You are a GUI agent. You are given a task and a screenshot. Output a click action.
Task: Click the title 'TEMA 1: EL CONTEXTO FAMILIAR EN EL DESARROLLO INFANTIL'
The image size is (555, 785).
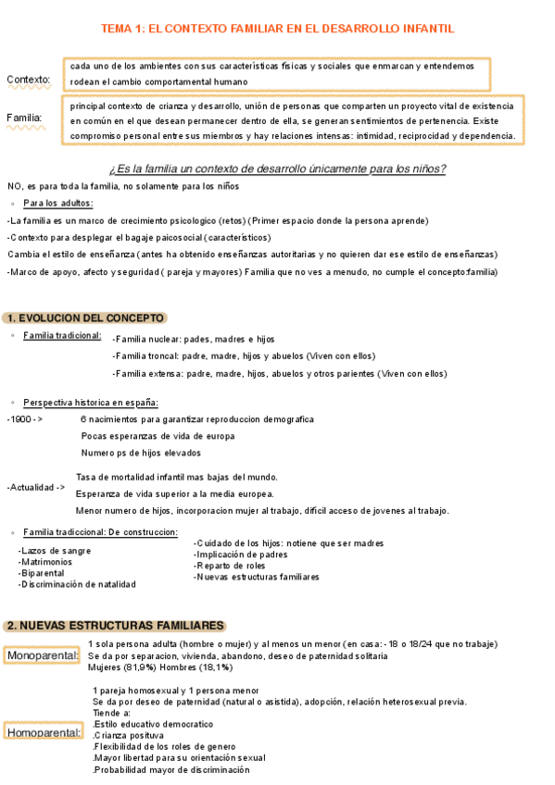click(277, 29)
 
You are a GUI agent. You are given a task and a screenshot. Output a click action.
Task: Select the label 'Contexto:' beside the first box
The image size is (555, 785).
click(29, 80)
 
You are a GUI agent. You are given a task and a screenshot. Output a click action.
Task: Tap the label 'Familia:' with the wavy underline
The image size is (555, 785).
click(24, 118)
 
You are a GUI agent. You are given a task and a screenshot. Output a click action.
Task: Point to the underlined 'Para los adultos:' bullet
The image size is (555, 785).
click(58, 204)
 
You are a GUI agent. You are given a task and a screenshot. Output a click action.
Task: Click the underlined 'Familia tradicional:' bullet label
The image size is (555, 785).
click(62, 335)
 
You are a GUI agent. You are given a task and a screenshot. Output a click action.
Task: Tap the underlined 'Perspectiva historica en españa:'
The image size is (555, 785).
click(91, 403)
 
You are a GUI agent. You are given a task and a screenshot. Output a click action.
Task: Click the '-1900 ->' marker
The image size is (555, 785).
click(24, 419)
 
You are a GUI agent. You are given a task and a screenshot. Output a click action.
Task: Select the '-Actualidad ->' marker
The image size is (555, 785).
click(35, 486)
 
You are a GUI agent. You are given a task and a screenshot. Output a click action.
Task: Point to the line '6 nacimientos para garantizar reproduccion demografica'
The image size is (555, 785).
click(196, 419)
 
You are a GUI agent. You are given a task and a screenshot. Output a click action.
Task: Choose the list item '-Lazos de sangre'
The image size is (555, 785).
click(55, 551)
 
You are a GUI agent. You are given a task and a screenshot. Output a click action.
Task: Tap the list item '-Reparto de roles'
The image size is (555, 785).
click(231, 566)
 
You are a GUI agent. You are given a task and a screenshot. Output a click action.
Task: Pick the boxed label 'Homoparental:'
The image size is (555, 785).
click(43, 733)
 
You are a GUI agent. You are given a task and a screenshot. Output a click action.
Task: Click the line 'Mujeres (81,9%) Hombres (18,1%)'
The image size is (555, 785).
click(159, 667)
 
